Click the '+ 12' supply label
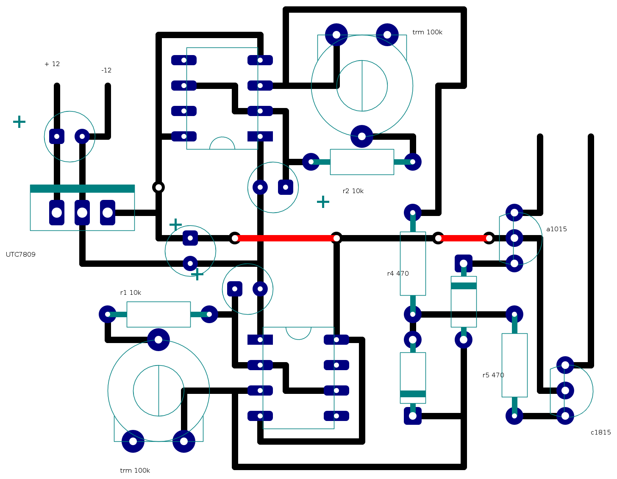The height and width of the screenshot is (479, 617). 52,64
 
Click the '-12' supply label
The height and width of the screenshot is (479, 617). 106,70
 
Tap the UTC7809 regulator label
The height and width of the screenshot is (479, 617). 21,255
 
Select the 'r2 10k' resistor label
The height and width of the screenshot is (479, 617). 353,191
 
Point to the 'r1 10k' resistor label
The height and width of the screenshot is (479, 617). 131,293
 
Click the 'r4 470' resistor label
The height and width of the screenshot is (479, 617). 398,274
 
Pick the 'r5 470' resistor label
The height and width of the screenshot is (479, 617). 493,375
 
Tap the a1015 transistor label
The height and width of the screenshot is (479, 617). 556,229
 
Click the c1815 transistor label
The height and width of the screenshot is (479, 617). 600,432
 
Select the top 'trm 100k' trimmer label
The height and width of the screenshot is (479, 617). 427,32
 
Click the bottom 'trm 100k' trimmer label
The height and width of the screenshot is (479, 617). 135,471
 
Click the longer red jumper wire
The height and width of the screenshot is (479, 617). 286,238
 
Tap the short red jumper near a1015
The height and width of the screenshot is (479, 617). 464,238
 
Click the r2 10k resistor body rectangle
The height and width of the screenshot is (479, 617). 362,162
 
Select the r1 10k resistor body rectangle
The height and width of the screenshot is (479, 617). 158,314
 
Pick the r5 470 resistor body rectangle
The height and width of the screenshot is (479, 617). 514,365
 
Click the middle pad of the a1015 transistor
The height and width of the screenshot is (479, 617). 514,238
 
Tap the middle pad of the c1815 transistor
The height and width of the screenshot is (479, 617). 565,390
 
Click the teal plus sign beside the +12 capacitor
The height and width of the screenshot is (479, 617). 19,122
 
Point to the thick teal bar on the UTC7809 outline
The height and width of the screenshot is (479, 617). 82,189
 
